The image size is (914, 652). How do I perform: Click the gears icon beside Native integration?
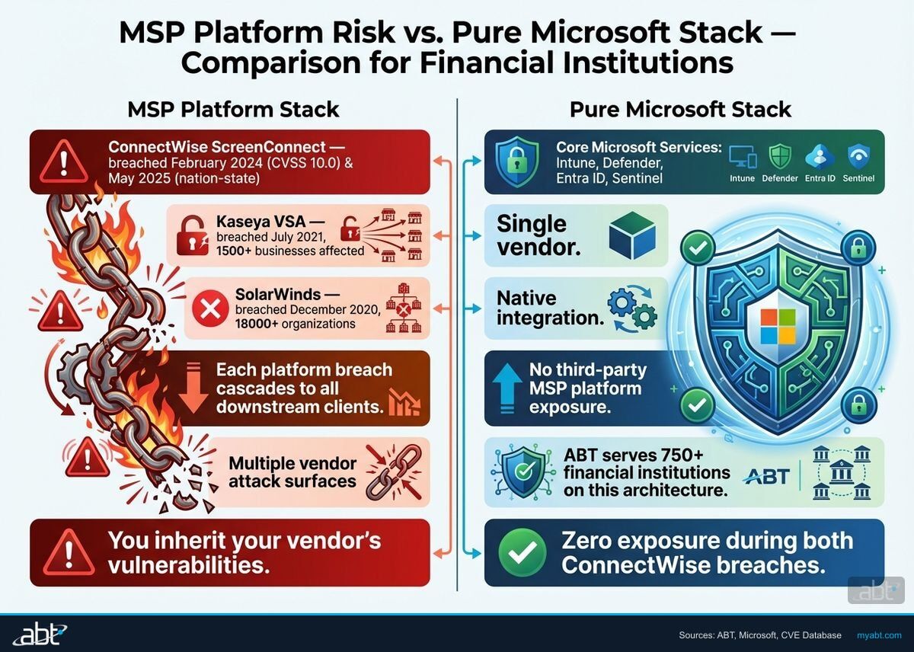632,308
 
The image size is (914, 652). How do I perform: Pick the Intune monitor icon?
741,157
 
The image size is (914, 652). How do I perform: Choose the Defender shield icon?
780,157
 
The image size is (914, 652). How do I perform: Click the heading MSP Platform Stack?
233,109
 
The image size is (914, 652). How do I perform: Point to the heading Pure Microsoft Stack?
681,109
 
